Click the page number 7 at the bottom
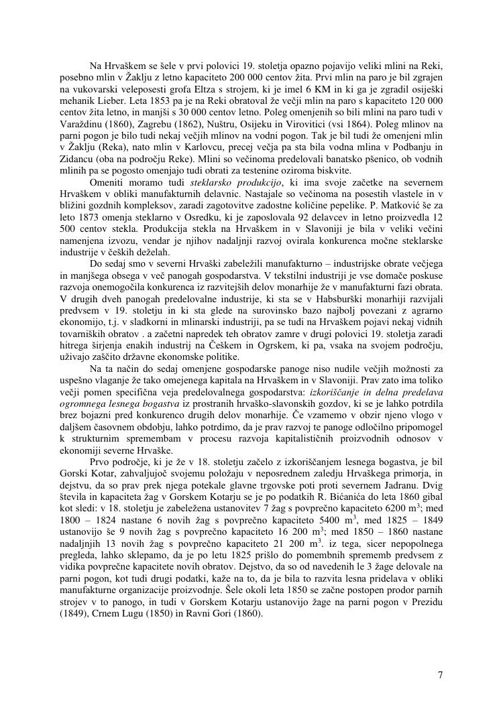coord(440,674)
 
